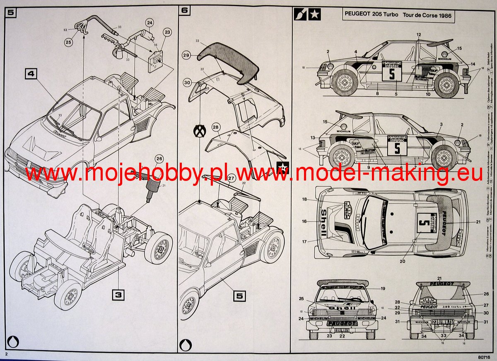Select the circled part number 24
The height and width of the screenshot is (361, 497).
(x=150, y=23)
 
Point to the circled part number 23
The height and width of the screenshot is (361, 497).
(x=167, y=32)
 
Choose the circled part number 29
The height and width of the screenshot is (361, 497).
(x=186, y=55)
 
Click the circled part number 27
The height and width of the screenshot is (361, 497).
(x=231, y=179)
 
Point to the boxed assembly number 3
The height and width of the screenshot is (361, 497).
(x=118, y=295)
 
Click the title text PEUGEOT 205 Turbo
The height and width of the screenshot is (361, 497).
(x=372, y=15)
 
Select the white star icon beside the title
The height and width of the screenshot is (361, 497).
(x=314, y=15)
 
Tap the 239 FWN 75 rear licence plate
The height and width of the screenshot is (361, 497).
(x=441, y=322)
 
